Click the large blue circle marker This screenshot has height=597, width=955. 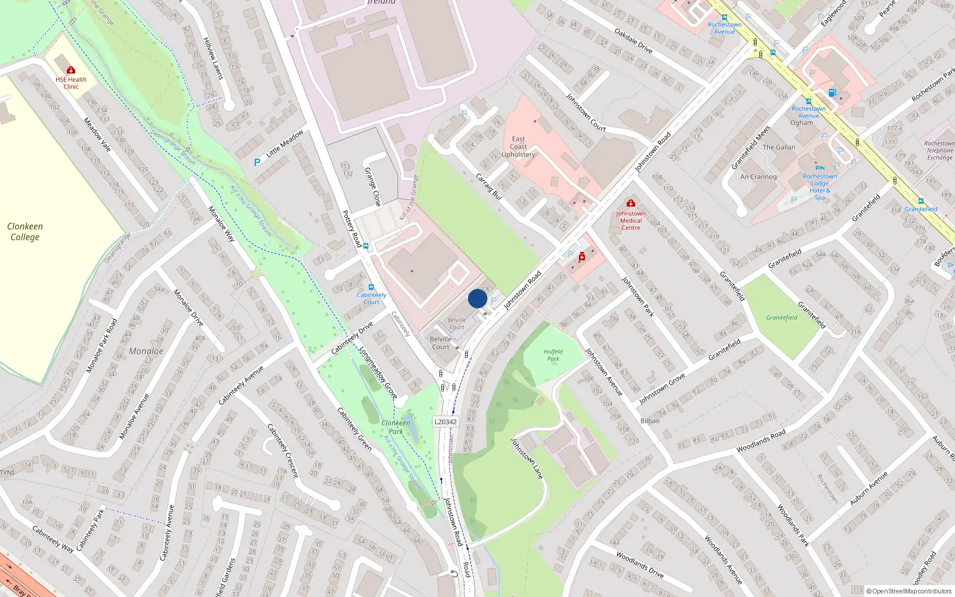[x=478, y=298]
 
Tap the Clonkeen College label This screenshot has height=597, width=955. [x=24, y=232]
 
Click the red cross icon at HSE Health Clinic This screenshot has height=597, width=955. [x=71, y=70]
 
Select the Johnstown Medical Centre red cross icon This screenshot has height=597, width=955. [x=630, y=203]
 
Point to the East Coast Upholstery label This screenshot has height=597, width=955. [x=518, y=147]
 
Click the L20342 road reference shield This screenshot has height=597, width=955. [x=445, y=421]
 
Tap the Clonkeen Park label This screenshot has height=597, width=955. [x=396, y=427]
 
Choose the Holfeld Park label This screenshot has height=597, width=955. [x=553, y=355]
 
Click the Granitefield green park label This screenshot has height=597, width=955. [x=781, y=318]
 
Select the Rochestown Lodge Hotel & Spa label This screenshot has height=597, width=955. [x=820, y=187]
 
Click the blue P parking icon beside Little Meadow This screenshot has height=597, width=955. [x=257, y=162]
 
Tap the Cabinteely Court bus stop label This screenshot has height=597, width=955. [x=371, y=298]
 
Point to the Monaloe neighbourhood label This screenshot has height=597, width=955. [x=146, y=351]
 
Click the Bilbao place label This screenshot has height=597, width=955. [x=650, y=421]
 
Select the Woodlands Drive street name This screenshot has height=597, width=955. [x=639, y=564]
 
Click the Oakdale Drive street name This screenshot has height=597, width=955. [x=633, y=41]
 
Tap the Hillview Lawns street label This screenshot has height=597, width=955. [x=213, y=59]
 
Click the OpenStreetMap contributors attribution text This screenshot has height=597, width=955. [x=908, y=591]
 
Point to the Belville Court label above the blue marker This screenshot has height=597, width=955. [x=457, y=324]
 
